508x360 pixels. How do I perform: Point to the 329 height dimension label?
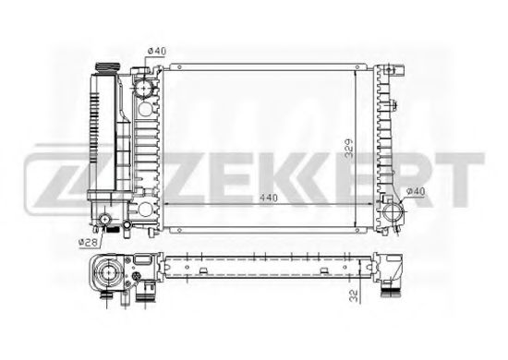point(345,146)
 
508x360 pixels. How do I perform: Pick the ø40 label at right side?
point(414,191)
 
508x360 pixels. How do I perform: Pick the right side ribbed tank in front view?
point(386,138)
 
